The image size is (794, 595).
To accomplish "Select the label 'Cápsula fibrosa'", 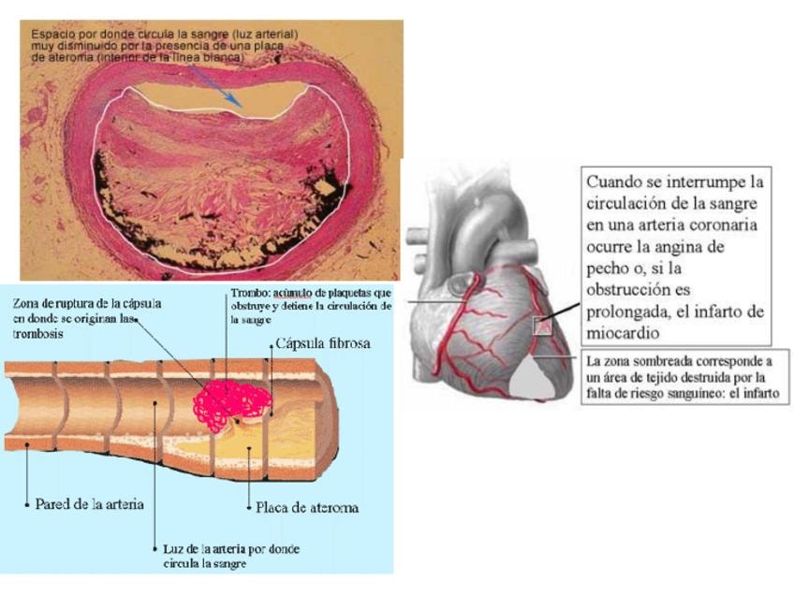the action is pos(323,343).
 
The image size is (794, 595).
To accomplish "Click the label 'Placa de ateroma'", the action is pos(307,508).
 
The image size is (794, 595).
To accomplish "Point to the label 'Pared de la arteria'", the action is pos(90,504).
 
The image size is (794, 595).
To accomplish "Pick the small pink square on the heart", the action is pos(540,327).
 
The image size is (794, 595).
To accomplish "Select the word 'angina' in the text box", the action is pos(721,248).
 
